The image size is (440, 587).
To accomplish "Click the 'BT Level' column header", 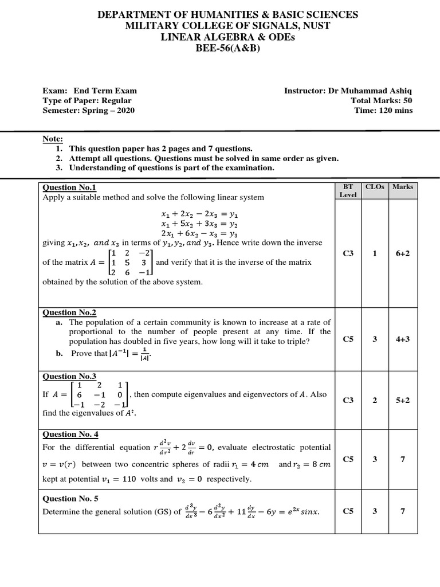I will click(348, 190).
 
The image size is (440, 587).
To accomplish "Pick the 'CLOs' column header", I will click(375, 187).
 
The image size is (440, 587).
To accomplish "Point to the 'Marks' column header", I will click(402, 187).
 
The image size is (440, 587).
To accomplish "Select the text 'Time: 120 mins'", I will click(383, 111).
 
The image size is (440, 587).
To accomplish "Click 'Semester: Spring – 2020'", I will click(89, 111).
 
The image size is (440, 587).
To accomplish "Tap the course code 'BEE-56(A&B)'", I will click(220, 48).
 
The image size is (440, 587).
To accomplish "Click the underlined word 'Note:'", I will click(53, 139).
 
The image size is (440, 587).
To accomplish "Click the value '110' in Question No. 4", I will click(129, 479).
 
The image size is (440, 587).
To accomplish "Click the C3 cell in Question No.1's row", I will click(348, 253).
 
